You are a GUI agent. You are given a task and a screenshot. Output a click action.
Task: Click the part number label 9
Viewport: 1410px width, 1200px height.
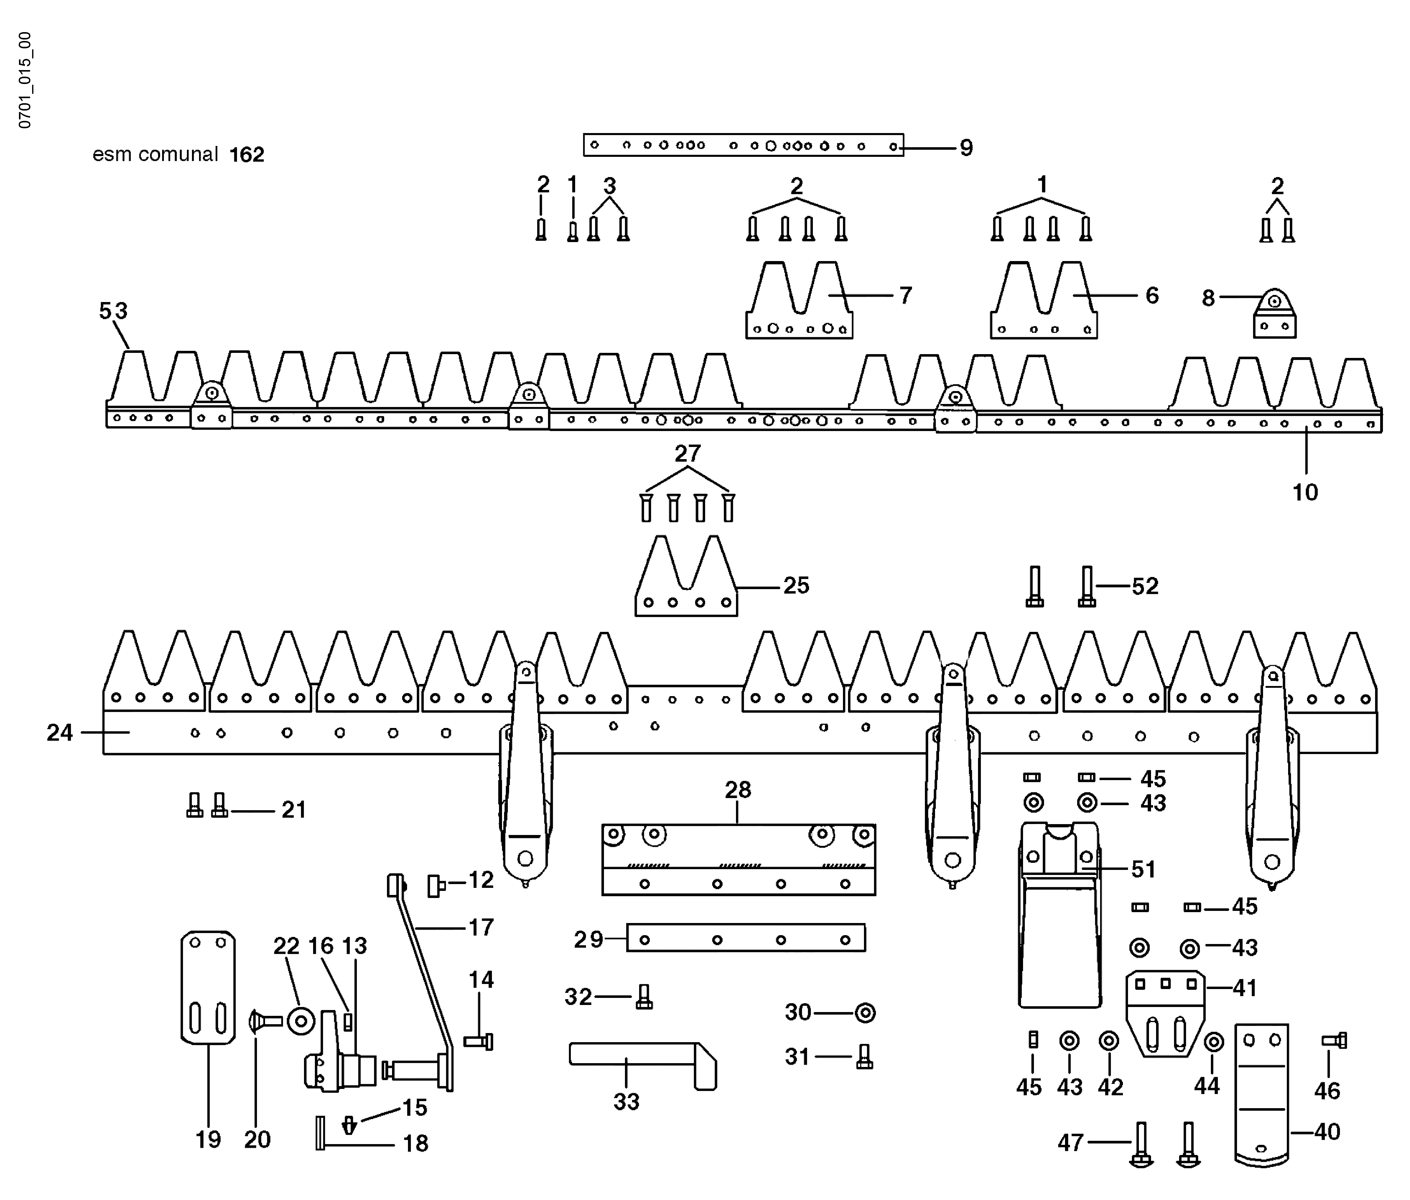966,148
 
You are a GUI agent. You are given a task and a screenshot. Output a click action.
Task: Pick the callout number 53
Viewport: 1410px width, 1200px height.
113,311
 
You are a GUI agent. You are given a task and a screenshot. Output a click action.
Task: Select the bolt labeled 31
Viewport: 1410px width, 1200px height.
864,1057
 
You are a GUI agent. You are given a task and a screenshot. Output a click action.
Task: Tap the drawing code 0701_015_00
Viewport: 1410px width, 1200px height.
25,80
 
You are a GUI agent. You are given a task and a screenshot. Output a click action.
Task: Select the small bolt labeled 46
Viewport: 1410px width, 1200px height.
1334,1040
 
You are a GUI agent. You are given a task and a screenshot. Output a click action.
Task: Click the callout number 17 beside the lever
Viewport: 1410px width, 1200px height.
481,927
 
